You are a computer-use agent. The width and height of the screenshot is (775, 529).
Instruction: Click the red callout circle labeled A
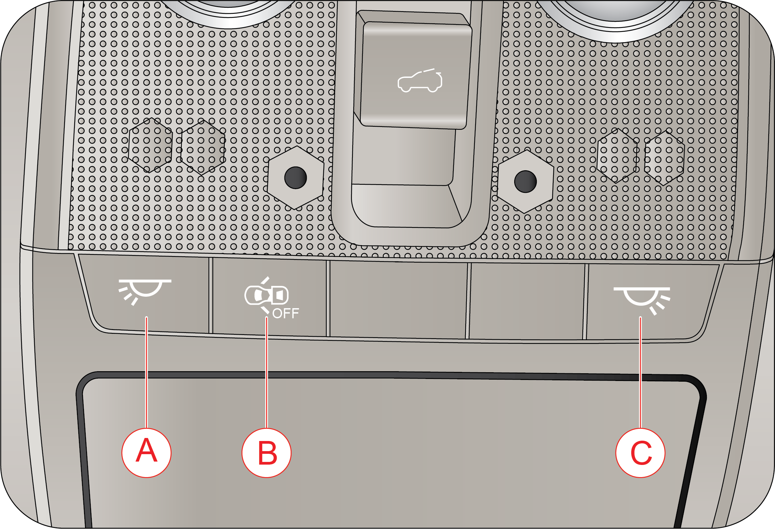pyautogui.click(x=146, y=452)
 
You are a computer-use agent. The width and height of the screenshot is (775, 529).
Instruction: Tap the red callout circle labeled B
pyautogui.click(x=267, y=452)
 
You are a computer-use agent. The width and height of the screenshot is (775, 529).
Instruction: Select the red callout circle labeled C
pyautogui.click(x=640, y=452)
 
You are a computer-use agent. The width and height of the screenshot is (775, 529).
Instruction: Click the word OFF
pyautogui.click(x=285, y=314)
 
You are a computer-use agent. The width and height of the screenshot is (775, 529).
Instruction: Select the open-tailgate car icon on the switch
pyautogui.click(x=420, y=81)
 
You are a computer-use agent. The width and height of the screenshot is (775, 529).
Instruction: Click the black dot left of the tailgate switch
pyautogui.click(x=296, y=178)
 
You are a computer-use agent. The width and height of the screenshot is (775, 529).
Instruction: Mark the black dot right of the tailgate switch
pyautogui.click(x=525, y=181)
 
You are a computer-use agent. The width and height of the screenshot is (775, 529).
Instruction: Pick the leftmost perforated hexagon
pyautogui.click(x=150, y=145)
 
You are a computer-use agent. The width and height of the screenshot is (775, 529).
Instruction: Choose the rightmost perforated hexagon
pyautogui.click(x=664, y=158)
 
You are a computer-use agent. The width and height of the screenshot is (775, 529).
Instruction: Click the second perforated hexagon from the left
pyautogui.click(x=203, y=147)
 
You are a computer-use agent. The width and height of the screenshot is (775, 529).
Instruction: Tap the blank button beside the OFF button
pyautogui.click(x=398, y=299)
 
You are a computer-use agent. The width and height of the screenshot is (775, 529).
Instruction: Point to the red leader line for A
pyautogui.click(x=146, y=372)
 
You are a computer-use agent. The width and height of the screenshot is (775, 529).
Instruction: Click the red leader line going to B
pyautogui.click(x=267, y=372)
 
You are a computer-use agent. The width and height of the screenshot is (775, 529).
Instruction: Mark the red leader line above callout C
pyautogui.click(x=640, y=372)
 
